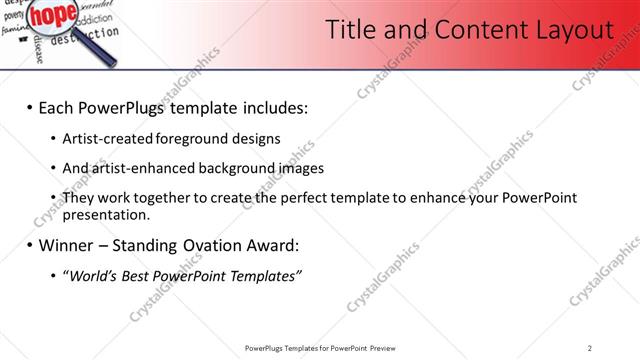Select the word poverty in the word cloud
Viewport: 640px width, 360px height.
click(x=13, y=16)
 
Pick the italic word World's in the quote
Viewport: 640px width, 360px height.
click(x=89, y=275)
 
